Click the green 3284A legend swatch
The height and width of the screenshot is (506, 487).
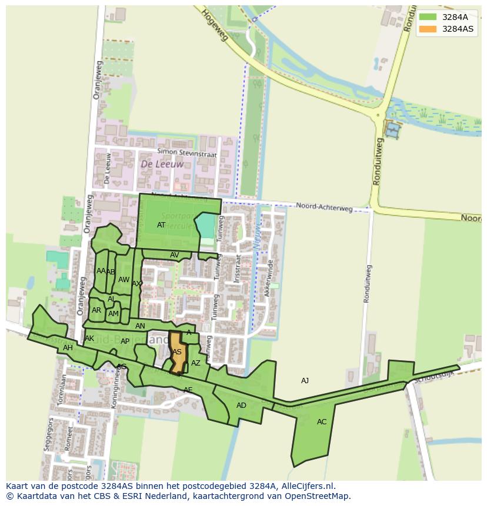pos(428,17)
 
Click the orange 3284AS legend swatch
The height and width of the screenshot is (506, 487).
pos(428,29)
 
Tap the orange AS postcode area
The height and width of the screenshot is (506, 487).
pos(178,353)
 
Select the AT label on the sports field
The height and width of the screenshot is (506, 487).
pos(161,225)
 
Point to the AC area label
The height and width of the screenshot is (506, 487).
pos(322,422)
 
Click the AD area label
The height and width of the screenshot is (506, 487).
pos(241,406)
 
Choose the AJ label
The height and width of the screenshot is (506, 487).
pos(305,381)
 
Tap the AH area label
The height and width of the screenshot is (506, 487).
pos(68,348)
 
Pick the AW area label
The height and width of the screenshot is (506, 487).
pos(124,280)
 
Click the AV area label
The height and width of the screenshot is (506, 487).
pos(174,255)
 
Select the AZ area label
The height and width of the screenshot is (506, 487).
pos(196,363)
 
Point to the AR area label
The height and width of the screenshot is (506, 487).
pos(96,310)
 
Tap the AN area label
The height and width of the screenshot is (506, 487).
pos(140,326)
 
